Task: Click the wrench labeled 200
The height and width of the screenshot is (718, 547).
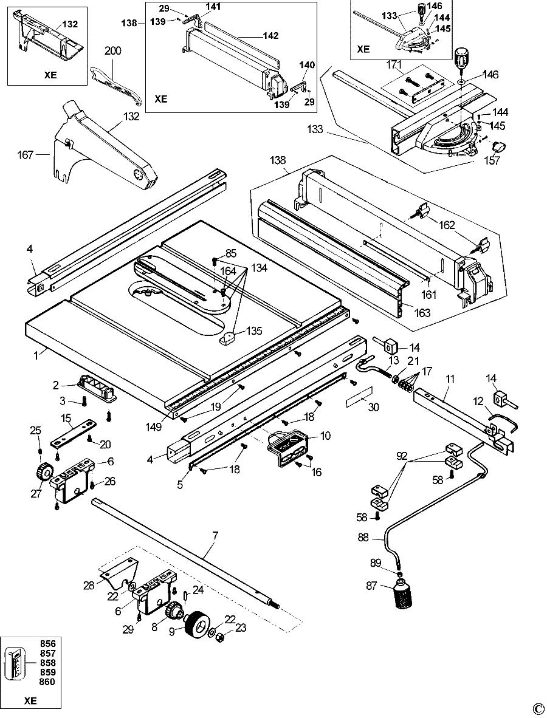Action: pyautogui.click(x=114, y=83)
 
